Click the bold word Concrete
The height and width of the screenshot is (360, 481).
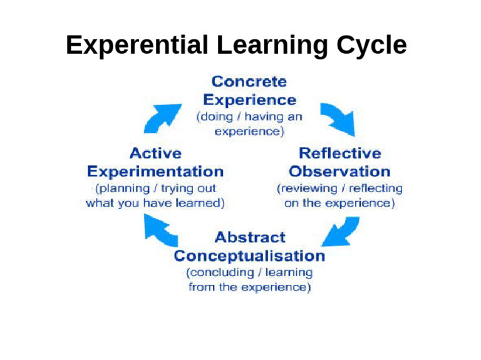249,81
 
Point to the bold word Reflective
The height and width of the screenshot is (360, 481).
340,153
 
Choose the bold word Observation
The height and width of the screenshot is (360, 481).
339,172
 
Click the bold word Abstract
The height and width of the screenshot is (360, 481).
250,237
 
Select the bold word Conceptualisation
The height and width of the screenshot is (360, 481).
249,256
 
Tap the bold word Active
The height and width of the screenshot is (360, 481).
155,153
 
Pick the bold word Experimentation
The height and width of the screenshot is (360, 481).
155,172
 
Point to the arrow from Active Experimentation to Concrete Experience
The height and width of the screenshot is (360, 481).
160,118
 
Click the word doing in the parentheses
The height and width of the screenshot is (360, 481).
217,116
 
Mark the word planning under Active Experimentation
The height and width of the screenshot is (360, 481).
125,188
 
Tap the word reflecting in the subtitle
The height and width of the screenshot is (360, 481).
376,188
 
